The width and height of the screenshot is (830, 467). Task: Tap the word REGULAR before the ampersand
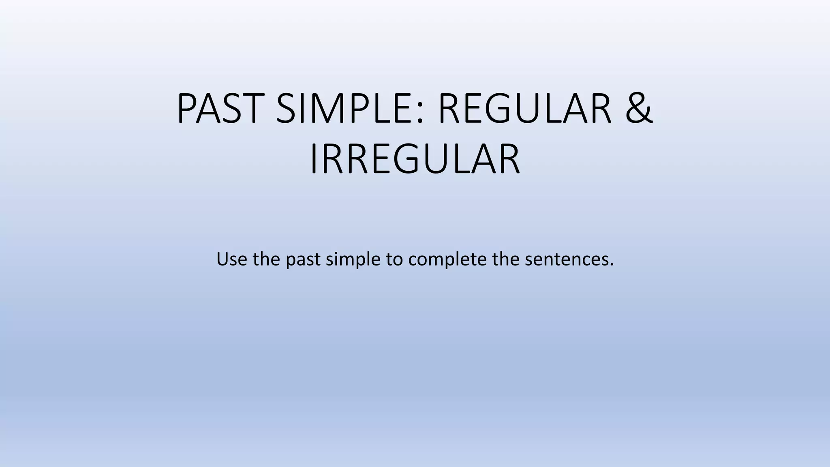pyautogui.click(x=525, y=109)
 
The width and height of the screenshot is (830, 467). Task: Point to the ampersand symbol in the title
pyautogui.click(x=639, y=109)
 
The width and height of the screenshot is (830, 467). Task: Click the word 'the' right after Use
pyautogui.click(x=266, y=259)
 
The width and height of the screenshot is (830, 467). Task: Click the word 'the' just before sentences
pyautogui.click(x=506, y=259)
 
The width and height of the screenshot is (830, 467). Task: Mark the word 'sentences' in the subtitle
pyautogui.click(x=566, y=259)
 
